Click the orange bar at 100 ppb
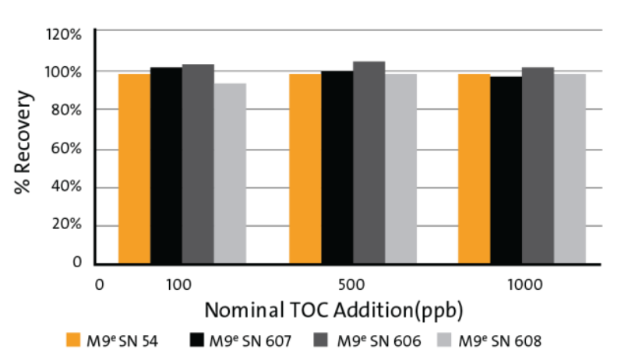(134, 169)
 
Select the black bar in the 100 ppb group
(166, 166)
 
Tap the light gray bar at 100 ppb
(230, 173)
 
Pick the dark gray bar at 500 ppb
(369, 163)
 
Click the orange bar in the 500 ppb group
(305, 169)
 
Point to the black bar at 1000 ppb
(506, 170)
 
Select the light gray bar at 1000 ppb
(570, 169)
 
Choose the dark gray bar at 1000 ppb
(538, 166)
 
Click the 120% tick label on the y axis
(64, 34)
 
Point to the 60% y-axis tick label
(66, 149)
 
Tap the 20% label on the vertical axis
(67, 224)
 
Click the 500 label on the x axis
(351, 285)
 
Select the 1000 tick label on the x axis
(525, 285)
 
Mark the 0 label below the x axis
(99, 285)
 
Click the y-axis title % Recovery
(23, 142)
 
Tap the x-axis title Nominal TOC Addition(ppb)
(333, 311)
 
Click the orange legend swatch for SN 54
(73, 340)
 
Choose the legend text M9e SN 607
(250, 341)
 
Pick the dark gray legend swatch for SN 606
(321, 340)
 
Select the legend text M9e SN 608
(499, 341)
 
